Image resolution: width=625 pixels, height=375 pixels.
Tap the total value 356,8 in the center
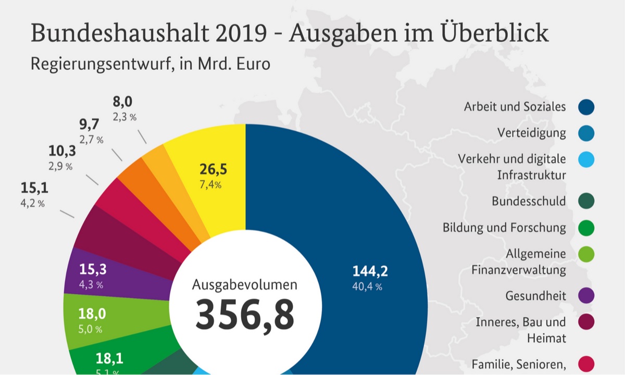(245, 315)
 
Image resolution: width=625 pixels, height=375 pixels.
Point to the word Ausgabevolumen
(245, 285)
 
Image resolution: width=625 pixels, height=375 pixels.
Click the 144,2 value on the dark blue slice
(370, 271)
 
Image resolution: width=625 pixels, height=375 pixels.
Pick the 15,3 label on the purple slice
(93, 269)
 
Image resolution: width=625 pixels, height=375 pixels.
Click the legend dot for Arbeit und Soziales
(586, 107)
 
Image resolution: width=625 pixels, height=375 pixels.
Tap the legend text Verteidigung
(531, 133)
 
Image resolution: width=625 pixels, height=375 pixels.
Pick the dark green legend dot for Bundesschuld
(586, 201)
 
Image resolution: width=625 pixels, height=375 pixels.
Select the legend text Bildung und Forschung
(504, 228)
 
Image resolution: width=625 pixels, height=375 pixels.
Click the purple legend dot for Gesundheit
(586, 296)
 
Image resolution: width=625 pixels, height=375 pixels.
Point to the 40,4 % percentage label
(367, 287)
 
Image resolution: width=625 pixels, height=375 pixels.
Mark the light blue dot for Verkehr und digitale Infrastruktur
(586, 159)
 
